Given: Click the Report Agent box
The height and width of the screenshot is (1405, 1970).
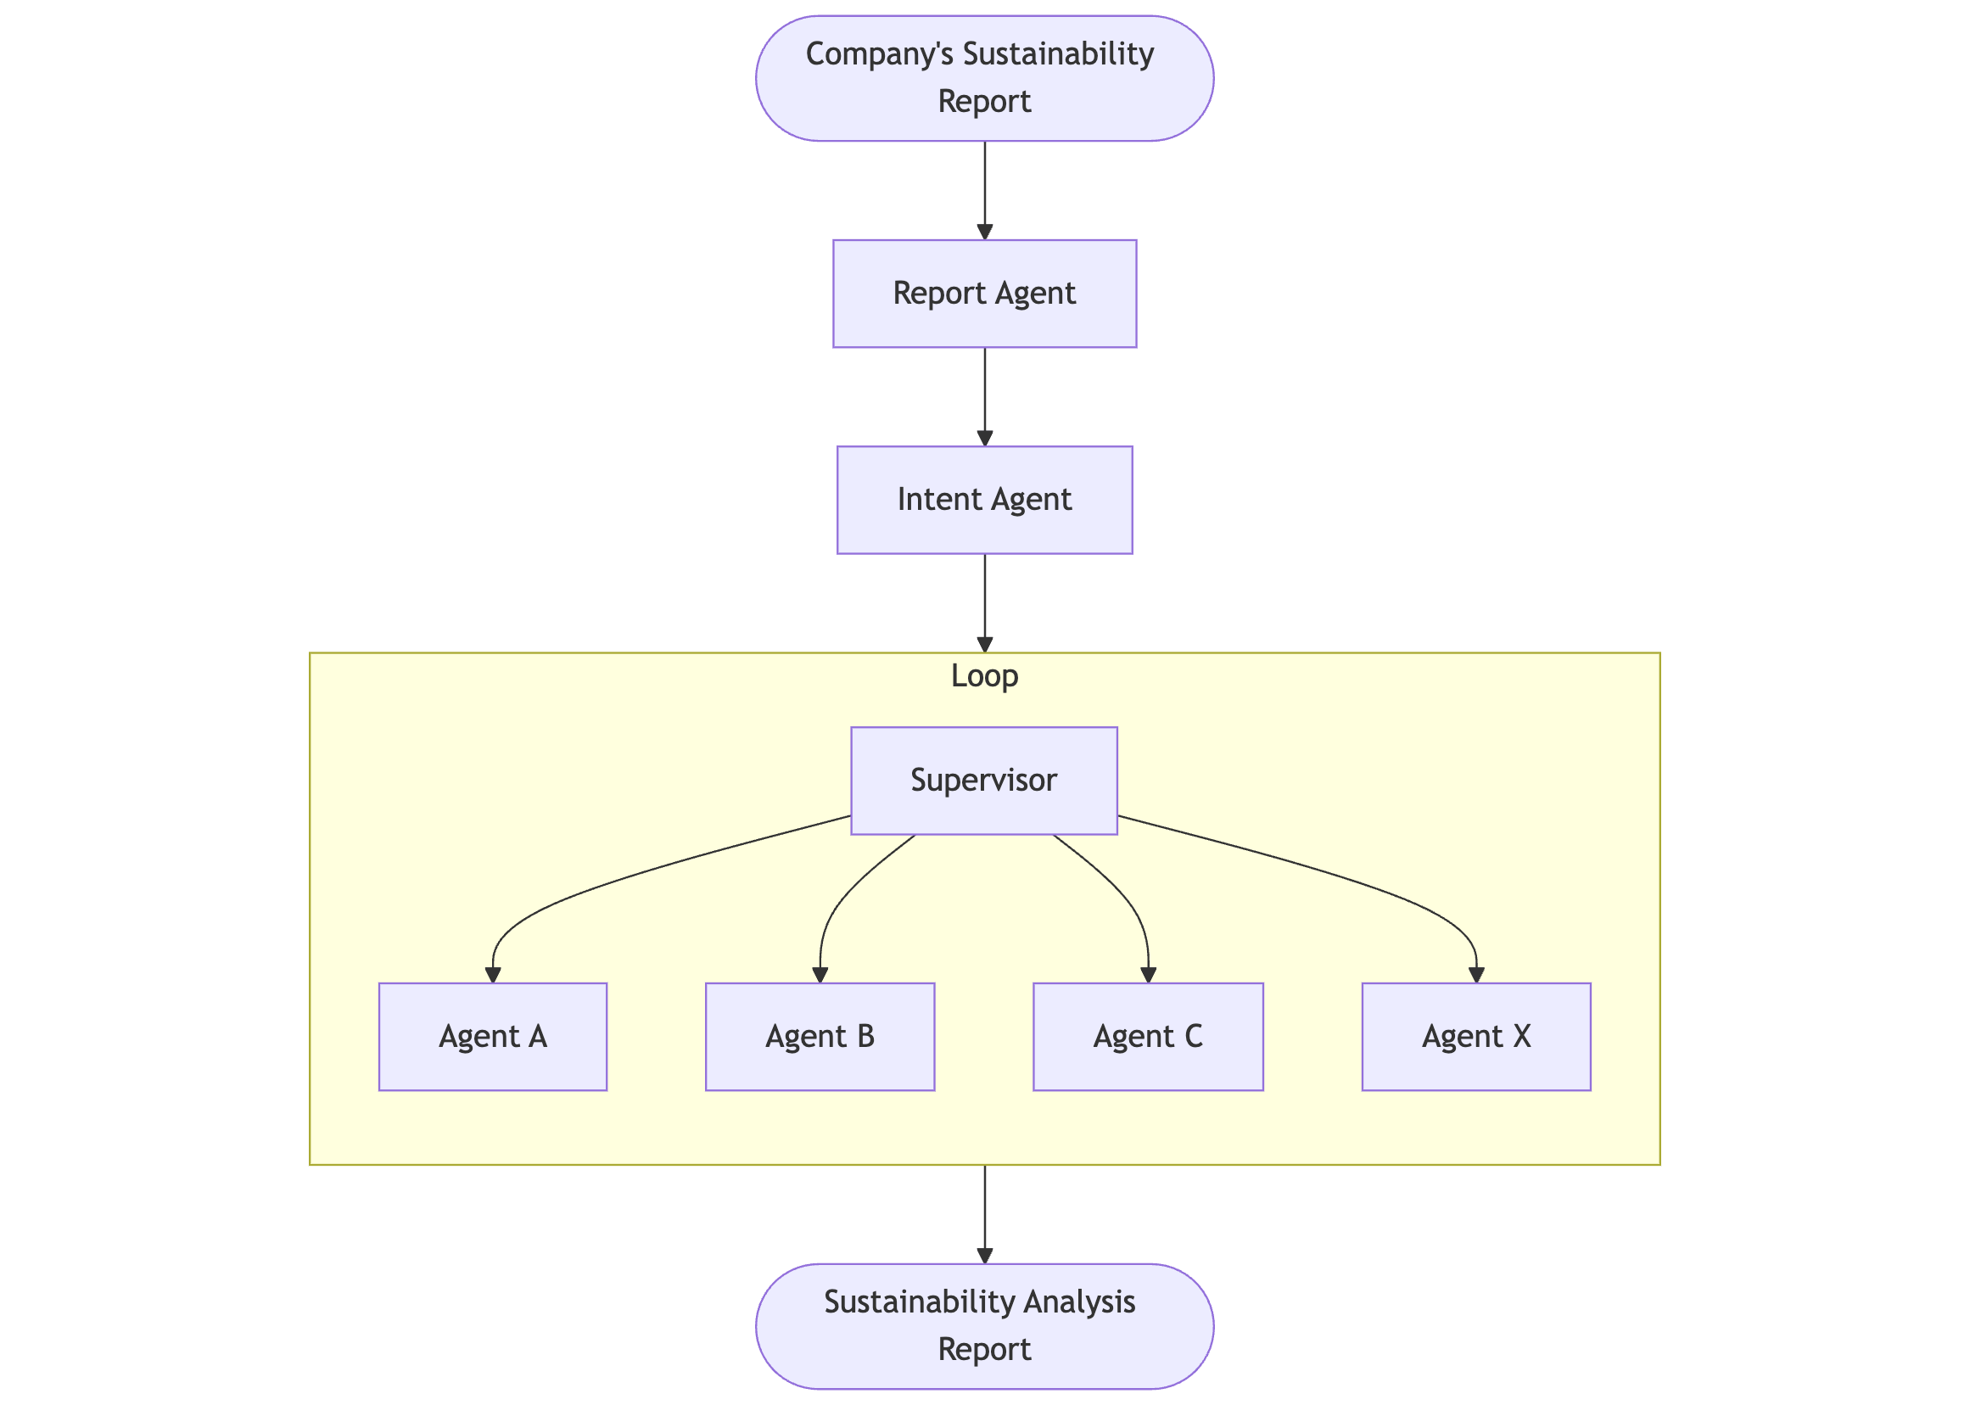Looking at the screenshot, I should pyautogui.click(x=983, y=294).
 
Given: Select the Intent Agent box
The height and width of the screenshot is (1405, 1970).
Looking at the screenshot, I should pyautogui.click(x=983, y=499).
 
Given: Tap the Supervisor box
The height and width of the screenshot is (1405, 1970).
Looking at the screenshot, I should pyautogui.click(x=983, y=780).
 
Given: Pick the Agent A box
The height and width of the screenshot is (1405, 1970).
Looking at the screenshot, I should pyautogui.click(x=492, y=1036).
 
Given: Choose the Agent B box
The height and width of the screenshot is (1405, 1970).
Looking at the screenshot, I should pyautogui.click(x=820, y=1036).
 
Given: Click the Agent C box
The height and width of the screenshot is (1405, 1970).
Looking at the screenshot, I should pyautogui.click(x=1147, y=1036).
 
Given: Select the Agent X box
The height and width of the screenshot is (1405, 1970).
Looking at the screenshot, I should pyautogui.click(x=1476, y=1036).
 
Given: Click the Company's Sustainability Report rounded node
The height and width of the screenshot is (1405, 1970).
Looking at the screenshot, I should pyautogui.click(x=983, y=78).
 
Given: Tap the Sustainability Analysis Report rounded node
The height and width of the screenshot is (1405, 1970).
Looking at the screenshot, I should pyautogui.click(x=983, y=1325).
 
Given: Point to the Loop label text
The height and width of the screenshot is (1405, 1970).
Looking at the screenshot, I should pyautogui.click(x=983, y=675).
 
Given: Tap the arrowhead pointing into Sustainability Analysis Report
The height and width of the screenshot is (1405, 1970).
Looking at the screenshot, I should pyautogui.click(x=984, y=1255).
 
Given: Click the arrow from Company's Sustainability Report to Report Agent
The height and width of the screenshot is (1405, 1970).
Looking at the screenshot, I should pyautogui.click(x=984, y=190).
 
